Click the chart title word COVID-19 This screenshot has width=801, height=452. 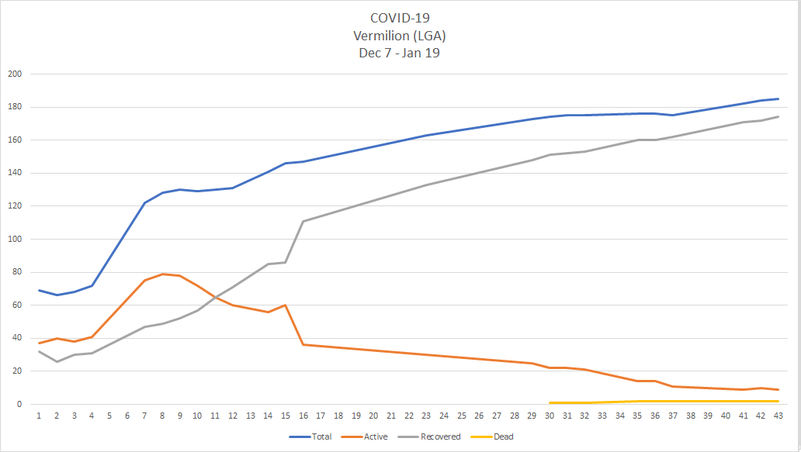coord(400,18)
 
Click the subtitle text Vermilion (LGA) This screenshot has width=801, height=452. coord(400,36)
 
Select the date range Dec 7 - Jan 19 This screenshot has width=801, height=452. coord(400,53)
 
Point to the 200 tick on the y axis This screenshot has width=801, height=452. coord(15,74)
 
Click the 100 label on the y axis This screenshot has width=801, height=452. coord(15,240)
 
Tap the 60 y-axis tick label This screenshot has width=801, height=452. coord(17,305)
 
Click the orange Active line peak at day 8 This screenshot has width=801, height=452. coord(162,274)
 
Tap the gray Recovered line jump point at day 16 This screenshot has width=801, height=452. coord(303,221)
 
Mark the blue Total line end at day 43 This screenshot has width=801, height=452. coord(778,98)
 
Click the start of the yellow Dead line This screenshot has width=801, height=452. coord(550,402)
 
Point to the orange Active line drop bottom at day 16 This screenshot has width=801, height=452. coord(303,344)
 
